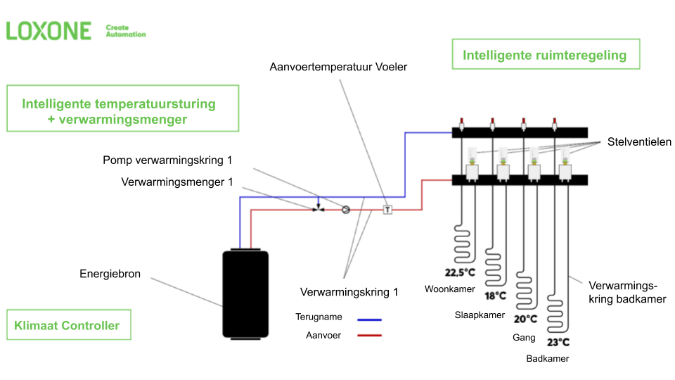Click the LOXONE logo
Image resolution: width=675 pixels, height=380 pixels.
(49, 31)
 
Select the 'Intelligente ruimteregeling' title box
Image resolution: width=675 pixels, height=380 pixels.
(545, 55)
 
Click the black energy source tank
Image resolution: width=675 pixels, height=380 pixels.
(245, 293)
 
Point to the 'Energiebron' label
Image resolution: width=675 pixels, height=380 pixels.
(110, 274)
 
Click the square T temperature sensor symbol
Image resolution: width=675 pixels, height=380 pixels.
(387, 209)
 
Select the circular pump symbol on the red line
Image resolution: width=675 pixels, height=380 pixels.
(345, 209)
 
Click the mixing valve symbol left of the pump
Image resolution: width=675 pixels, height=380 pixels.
(319, 208)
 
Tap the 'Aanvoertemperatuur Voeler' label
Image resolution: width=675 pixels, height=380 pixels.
(338, 67)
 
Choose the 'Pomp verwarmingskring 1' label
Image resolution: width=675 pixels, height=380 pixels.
(167, 160)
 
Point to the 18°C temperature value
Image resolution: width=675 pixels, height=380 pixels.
(495, 296)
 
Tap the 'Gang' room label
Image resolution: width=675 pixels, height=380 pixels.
(524, 338)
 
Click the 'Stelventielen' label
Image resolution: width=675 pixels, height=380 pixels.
(640, 142)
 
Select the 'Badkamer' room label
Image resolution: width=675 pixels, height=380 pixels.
(547, 358)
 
